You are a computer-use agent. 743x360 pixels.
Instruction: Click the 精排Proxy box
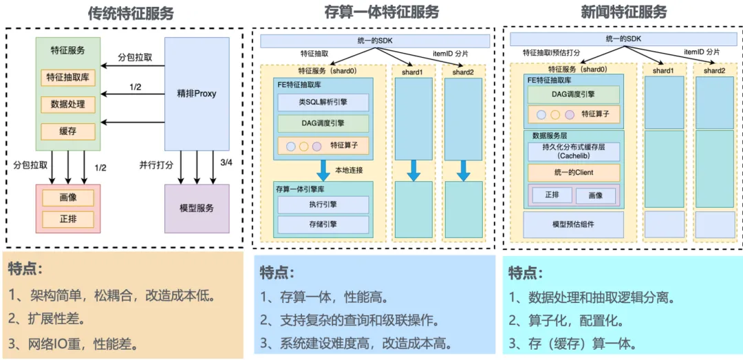click(197, 94)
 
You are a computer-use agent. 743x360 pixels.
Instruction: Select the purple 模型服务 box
click(197, 208)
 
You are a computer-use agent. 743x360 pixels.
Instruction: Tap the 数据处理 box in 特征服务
click(67, 104)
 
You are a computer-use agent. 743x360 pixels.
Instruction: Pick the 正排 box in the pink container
click(68, 218)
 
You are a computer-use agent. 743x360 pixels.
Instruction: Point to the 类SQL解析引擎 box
click(323, 102)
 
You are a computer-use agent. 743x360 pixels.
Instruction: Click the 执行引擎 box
click(323, 204)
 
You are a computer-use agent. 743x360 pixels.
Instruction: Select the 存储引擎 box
click(323, 224)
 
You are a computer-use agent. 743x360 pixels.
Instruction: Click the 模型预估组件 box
click(573, 224)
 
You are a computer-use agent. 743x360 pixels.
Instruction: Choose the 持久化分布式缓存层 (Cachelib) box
click(573, 152)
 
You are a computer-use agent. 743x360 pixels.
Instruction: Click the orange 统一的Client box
click(573, 173)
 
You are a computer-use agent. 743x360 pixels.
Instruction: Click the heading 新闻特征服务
click(617, 12)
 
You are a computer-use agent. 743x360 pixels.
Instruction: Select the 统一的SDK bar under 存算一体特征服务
click(375, 41)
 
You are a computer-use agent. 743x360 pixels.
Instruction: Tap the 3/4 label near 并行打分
click(226, 164)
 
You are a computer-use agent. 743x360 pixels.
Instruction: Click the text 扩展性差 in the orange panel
click(54, 318)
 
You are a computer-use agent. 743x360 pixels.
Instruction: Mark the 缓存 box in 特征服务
click(67, 131)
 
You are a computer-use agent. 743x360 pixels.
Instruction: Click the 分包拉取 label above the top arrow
click(135, 59)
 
